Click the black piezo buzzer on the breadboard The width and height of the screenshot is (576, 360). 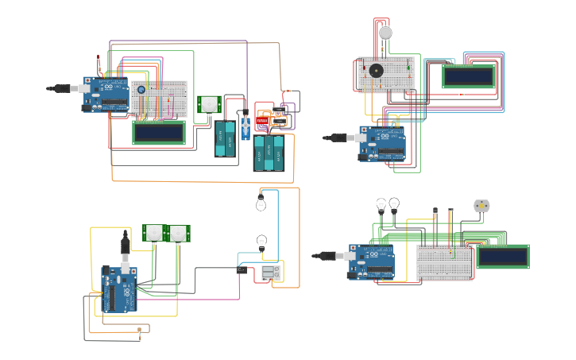coord(376,71)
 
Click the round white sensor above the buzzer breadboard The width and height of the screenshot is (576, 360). coord(385,33)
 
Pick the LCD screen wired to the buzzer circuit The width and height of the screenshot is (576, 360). coord(468,76)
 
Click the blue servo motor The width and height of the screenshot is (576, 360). coord(245,126)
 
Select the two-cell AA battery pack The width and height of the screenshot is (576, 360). coord(225,138)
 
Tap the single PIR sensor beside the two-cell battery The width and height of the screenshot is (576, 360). coord(209,104)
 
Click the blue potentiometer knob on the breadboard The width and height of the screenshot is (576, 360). coord(141,90)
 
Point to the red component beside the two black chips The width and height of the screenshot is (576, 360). coord(262,121)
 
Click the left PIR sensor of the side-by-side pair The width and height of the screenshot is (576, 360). coord(153,233)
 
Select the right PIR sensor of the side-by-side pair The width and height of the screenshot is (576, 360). coord(179,233)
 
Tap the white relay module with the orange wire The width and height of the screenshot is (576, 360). coord(270,273)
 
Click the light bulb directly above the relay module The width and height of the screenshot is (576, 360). coord(261,241)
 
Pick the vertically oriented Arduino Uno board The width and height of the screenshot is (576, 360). coord(119,288)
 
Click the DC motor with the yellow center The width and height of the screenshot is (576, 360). coord(481,205)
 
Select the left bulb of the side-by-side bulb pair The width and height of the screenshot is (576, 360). coord(381,205)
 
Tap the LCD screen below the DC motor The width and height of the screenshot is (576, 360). coord(502,257)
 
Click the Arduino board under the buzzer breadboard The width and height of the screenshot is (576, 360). coord(382,143)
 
